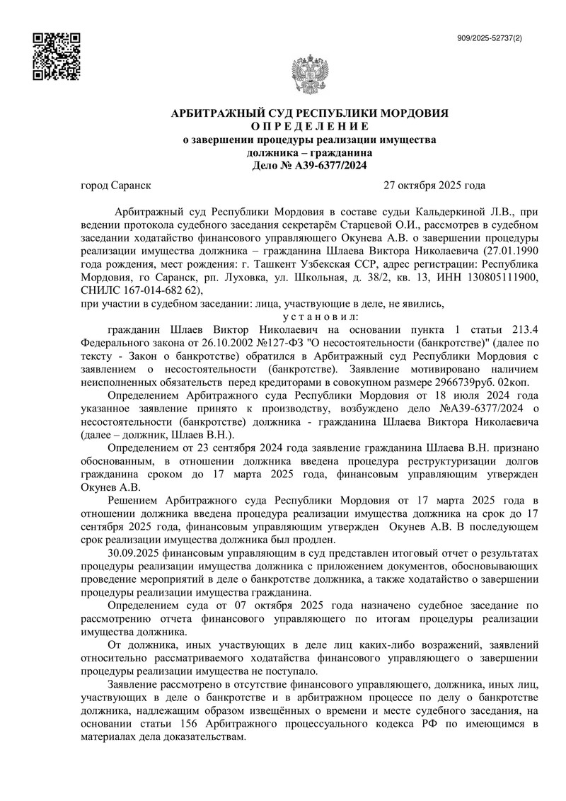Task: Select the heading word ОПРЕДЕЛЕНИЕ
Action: [310, 126]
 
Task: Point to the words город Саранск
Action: [117, 186]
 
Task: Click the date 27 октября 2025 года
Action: [434, 186]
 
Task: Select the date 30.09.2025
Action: [133, 552]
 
